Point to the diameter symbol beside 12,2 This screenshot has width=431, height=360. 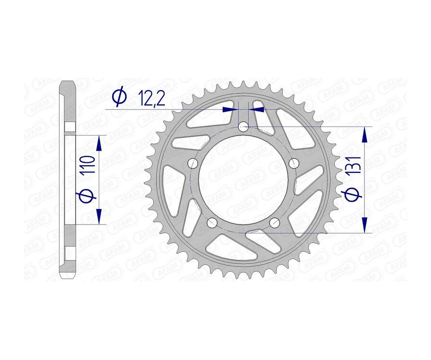point(119,97)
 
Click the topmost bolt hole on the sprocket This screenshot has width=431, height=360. point(243,127)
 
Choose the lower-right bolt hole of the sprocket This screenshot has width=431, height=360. point(274,223)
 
